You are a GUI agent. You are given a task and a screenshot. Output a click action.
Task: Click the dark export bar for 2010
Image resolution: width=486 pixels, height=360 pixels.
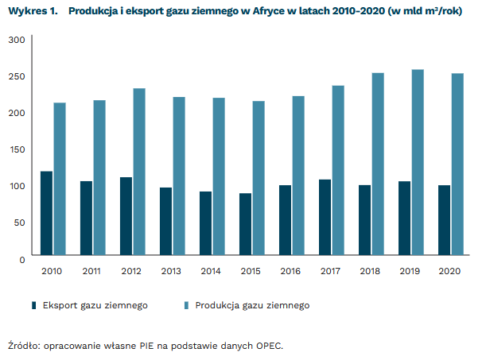pos(46,215)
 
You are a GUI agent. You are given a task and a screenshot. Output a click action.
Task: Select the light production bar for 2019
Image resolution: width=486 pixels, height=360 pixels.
pos(418,164)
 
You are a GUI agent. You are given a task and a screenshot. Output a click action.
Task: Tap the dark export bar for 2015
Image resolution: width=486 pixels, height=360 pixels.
pos(245,226)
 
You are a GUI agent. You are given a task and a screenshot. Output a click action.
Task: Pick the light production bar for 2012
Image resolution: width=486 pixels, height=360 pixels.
pos(139,173)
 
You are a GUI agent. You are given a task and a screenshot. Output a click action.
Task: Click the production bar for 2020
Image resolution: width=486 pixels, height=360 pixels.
pos(457,166)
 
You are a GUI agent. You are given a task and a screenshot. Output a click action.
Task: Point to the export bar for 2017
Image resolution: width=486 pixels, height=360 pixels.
pos(325,219)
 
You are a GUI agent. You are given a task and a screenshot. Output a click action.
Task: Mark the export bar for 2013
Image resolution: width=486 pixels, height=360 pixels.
pos(165,223)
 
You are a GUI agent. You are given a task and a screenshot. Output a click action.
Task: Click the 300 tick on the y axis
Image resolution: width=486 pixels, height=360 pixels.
pos(17,39)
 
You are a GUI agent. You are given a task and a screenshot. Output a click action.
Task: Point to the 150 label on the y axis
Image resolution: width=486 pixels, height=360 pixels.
pos(17,149)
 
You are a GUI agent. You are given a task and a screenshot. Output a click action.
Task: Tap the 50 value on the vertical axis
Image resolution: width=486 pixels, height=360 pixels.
pos(20,223)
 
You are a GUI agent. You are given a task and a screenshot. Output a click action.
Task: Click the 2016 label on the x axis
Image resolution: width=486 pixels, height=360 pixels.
pos(291,272)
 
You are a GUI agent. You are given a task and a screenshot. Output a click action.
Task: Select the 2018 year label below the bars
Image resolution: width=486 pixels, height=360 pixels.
pos(371,272)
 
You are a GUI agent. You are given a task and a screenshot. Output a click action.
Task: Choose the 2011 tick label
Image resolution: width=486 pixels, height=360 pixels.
pos(92,272)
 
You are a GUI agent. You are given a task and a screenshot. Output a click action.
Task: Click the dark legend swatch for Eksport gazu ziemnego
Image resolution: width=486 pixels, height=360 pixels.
pos(33,305)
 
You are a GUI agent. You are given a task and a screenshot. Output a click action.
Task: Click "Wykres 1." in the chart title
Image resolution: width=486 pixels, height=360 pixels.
pos(33,13)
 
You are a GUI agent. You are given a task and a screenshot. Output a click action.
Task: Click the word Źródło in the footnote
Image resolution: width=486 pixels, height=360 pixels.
pos(24,346)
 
